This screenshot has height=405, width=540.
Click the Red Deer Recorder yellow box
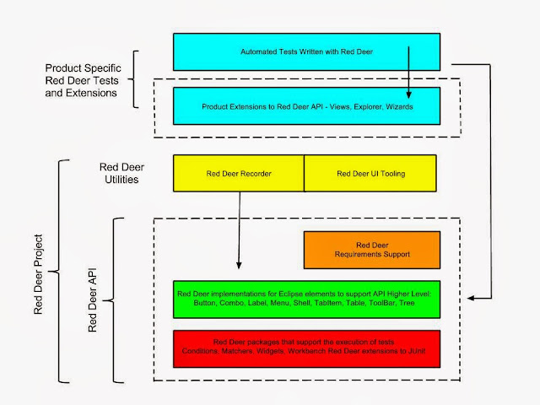pyautogui.click(x=239, y=173)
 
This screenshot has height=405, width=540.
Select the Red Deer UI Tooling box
pyautogui.click(x=370, y=173)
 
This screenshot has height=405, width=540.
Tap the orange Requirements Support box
pyautogui.click(x=372, y=250)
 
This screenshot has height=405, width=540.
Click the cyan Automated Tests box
pyautogui.click(x=306, y=52)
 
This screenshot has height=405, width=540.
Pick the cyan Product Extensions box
pyautogui.click(x=306, y=106)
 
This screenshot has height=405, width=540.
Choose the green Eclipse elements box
pyautogui.click(x=306, y=300)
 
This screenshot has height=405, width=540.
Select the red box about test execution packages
pyautogui.click(x=306, y=348)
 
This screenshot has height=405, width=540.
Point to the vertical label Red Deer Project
pyautogui.click(x=38, y=274)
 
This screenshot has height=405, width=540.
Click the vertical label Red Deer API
pyautogui.click(x=92, y=300)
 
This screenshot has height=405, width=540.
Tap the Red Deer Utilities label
pyautogui.click(x=121, y=173)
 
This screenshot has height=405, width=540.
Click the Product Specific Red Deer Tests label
pyautogui.click(x=83, y=80)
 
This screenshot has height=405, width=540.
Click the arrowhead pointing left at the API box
pyautogui.click(x=471, y=298)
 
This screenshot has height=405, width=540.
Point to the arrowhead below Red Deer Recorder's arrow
pyautogui.click(x=239, y=265)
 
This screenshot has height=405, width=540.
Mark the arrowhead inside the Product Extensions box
pyautogui.click(x=408, y=94)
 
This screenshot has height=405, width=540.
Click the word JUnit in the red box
pyautogui.click(x=417, y=351)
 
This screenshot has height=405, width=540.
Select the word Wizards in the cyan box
pyautogui.click(x=399, y=107)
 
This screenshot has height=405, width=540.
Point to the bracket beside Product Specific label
pyautogui.click(x=133, y=79)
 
